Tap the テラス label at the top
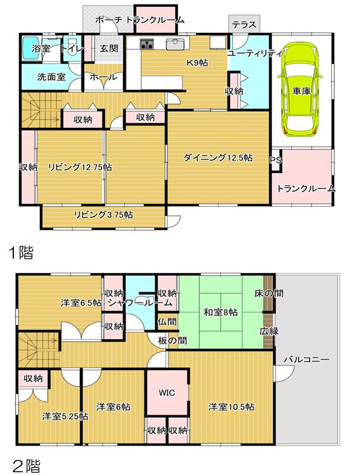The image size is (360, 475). tap(244, 25)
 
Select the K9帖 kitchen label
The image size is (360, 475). tap(196, 63)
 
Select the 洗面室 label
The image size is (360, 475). tap(51, 77)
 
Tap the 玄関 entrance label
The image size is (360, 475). tap(108, 48)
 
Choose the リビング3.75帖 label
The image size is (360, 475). tap(103, 215)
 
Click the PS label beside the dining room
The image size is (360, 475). tap(275, 160)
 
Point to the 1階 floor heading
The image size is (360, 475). tap(20, 252)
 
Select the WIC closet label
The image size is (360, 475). tap(166, 392)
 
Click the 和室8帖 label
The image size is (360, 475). tap(220, 313)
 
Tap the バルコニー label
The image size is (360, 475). tap(307, 360)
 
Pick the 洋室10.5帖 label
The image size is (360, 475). tap(231, 406)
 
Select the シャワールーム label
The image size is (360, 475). tap(140, 302)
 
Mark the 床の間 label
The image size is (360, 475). tap(268, 293)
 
